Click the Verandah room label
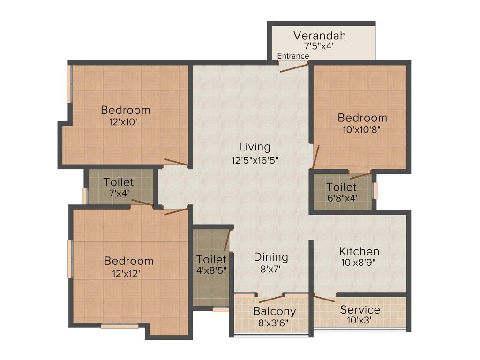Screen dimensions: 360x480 320,36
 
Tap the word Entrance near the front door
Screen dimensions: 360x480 293,56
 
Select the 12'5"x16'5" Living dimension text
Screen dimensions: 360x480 255,160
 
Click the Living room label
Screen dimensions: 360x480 255,147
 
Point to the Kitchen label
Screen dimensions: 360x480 359,251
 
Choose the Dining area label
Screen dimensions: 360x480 270,257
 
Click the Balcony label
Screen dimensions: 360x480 274,311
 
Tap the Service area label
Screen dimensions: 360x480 360,310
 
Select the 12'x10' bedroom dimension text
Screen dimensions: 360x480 122,122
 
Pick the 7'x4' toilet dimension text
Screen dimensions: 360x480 119,193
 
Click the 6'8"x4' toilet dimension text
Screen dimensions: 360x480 342,198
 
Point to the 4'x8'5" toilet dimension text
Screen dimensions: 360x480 211,270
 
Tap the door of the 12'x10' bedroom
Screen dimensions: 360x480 176,163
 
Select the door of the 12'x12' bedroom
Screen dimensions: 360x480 176,211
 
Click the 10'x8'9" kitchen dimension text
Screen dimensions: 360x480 359,263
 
